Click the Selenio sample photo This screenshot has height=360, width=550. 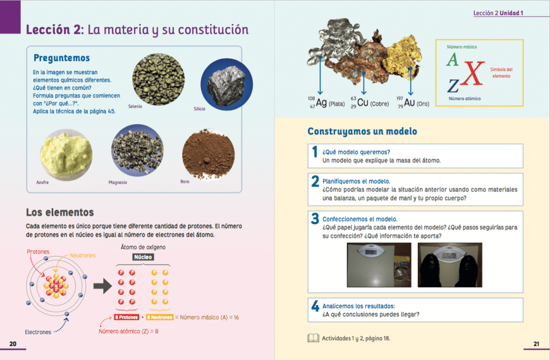point(158,77)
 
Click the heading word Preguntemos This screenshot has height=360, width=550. point(61,58)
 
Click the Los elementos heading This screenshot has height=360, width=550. point(60,213)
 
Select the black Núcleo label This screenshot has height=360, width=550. point(143,257)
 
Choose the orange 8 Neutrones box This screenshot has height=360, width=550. point(160,317)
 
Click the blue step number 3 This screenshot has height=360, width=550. point(315,219)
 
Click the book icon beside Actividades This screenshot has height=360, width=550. point(312,338)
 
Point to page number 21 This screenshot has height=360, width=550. point(536,344)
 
